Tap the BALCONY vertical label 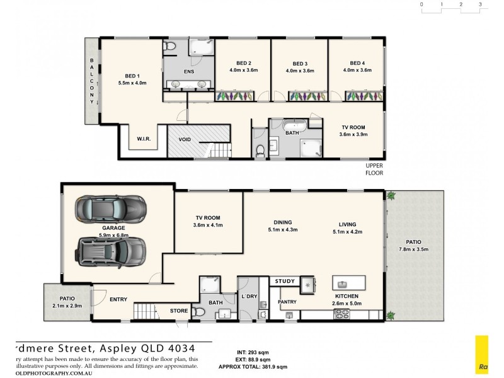click(x=92, y=81)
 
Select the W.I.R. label click(x=145, y=138)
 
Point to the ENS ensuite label click(x=188, y=71)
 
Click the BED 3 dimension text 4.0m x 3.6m click(x=301, y=71)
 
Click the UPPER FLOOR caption click(x=374, y=169)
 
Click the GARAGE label click(x=113, y=228)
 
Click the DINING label click(x=282, y=222)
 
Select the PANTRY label click(x=287, y=302)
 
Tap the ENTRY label click(x=118, y=300)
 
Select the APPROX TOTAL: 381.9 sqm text click(x=252, y=366)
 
